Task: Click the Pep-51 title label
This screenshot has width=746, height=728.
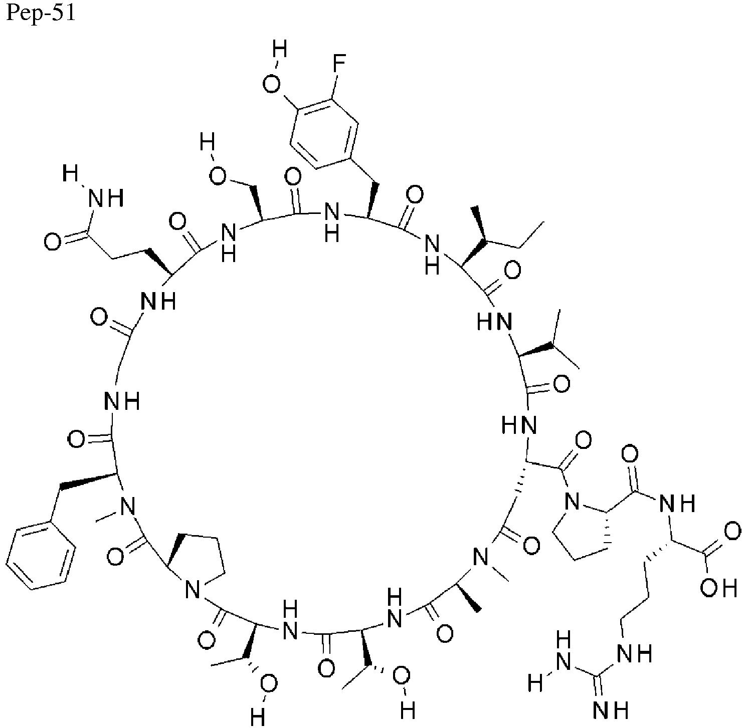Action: pos(41,14)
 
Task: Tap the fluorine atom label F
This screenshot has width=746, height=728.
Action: pos(339,63)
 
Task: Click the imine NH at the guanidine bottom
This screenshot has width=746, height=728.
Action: pos(610,708)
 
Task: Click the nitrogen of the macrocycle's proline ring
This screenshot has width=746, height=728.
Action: pos(193,589)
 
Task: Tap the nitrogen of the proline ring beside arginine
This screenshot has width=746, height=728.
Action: pos(572,500)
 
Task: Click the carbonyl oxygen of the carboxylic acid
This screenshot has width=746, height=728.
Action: pos(732,532)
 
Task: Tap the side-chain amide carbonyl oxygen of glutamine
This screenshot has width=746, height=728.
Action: pos(53,242)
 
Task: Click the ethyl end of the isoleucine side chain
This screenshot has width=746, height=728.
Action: pos(532,234)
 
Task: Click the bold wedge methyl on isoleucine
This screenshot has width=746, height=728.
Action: pos(480,224)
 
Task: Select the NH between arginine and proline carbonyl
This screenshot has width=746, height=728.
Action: pos(677,504)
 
